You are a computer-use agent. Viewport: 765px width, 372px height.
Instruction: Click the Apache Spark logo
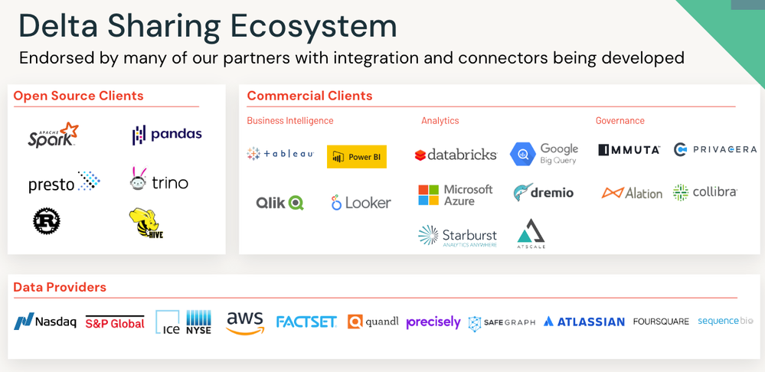53,135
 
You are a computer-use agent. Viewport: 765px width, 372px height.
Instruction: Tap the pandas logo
167,135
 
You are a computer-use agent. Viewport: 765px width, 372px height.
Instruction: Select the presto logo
64,182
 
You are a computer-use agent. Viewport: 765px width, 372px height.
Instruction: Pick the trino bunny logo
159,181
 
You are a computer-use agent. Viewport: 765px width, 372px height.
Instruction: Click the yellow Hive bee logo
146,223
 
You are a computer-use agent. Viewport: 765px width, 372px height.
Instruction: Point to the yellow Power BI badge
356,156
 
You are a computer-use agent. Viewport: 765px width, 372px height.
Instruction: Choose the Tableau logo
280,154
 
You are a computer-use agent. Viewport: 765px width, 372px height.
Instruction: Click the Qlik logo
280,202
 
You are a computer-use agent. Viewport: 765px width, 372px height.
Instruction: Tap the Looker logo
361,203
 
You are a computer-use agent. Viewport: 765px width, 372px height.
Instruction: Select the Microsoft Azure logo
456,194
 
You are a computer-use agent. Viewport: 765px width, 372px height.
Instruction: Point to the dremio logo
543,193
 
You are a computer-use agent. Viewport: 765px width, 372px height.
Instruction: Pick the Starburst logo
457,236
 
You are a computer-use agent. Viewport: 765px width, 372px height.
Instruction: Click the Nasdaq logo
45,322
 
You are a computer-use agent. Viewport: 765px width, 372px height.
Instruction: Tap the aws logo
245,322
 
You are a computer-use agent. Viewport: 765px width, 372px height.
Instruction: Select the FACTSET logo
306,322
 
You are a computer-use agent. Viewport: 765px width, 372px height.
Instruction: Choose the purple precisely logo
433,322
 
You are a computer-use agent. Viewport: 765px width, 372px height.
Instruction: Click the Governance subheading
620,120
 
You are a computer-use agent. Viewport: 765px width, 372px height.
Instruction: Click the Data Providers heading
60,287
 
